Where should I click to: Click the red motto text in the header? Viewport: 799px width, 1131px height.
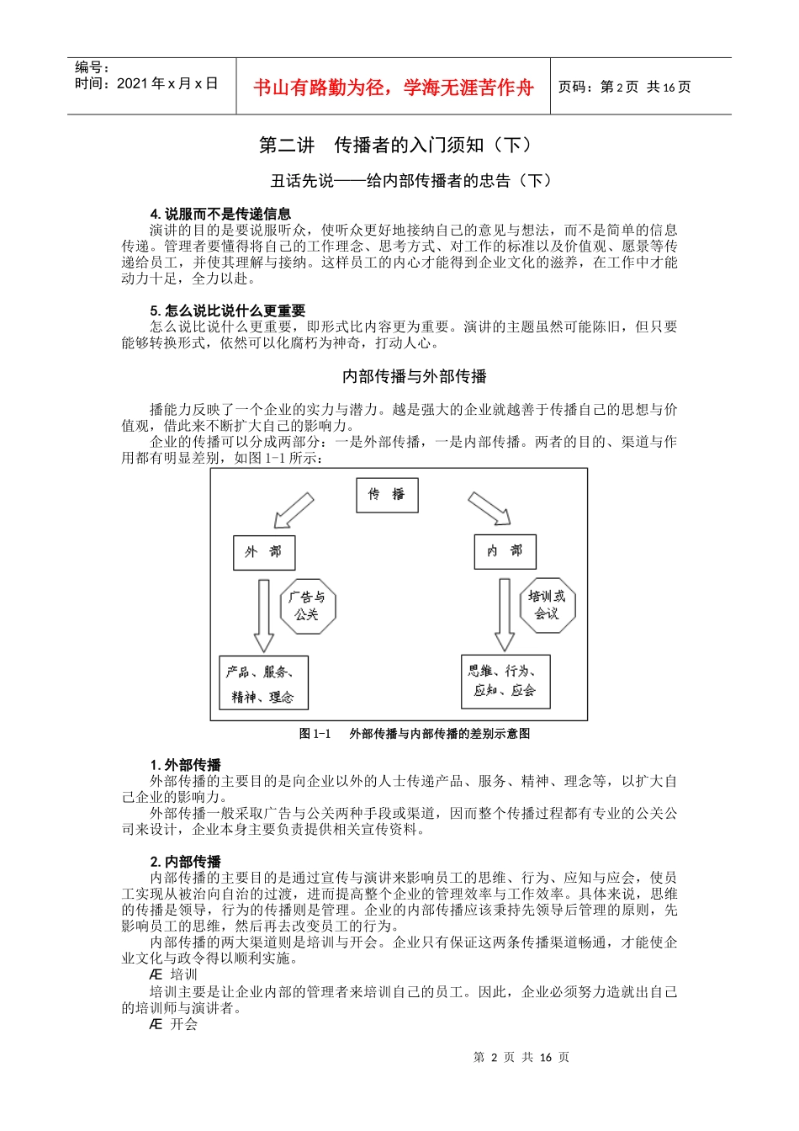393,88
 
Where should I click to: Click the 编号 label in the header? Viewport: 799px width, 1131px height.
92,67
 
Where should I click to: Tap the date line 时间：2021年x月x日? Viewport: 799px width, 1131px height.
146,83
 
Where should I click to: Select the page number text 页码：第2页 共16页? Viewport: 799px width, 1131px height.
624,88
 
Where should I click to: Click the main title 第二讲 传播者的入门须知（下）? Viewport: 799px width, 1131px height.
395,146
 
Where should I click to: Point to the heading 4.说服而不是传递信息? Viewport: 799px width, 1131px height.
220,214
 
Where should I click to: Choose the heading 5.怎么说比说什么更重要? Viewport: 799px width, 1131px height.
227,311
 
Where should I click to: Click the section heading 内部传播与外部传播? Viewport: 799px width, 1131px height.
415,376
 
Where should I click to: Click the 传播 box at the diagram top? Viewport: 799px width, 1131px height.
387,495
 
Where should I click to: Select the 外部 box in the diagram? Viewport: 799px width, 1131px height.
263,552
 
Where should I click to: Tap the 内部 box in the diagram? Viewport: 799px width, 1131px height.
505,551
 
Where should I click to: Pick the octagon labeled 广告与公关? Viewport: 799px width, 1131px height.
307,606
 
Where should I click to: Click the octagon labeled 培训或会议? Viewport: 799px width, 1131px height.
547,605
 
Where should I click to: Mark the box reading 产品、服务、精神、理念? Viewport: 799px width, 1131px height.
263,683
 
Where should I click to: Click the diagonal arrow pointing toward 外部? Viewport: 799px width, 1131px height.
293,511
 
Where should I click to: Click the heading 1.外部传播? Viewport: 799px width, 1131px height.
185,765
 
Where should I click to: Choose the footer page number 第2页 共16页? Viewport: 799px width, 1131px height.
521,1058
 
